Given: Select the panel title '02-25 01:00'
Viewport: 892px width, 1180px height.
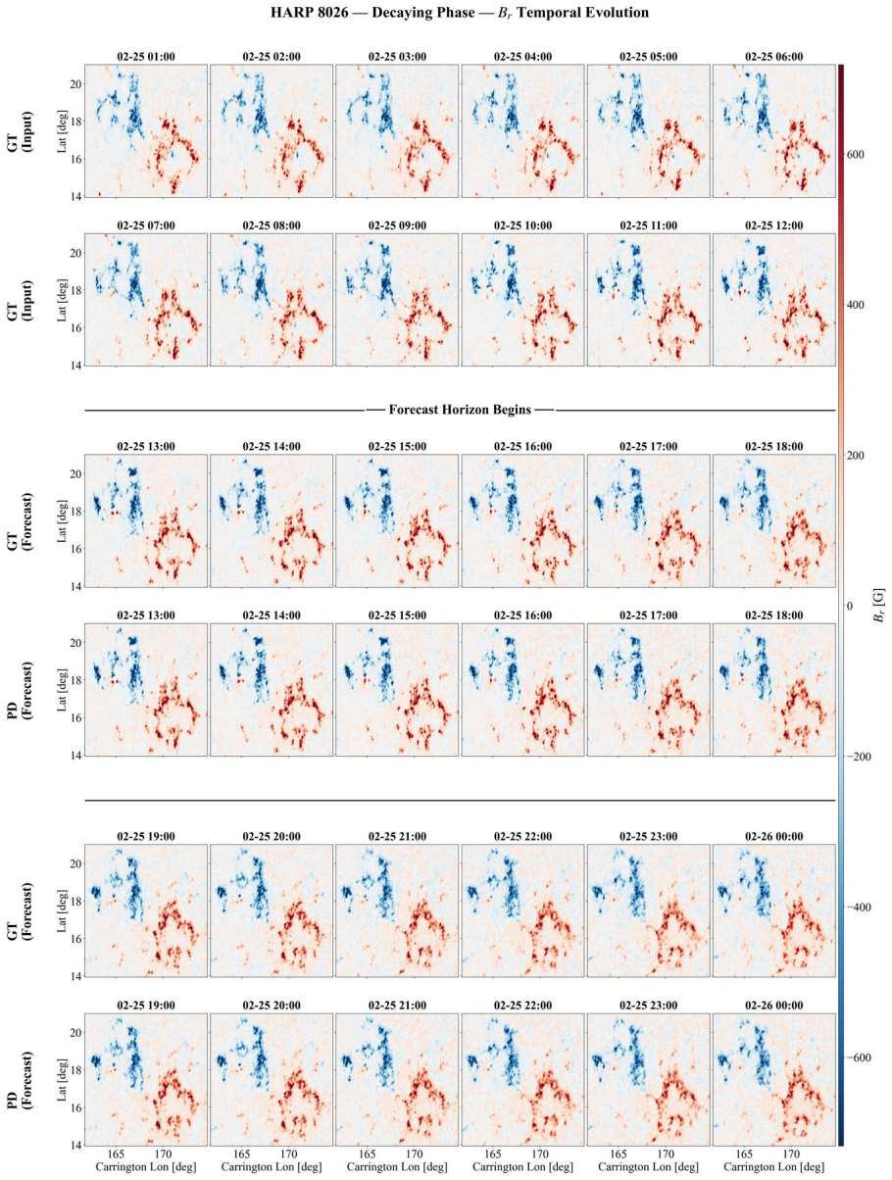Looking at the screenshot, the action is [146, 57].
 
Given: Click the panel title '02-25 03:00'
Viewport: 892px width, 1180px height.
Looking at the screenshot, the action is [397, 57].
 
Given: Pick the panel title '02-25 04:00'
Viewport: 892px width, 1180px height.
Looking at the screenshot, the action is [522, 57].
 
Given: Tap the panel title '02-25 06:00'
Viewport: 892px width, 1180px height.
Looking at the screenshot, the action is [774, 57].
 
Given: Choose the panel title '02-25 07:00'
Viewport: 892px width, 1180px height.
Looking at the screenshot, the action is [146, 225].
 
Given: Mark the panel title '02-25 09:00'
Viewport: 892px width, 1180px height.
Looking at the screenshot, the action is [397, 225].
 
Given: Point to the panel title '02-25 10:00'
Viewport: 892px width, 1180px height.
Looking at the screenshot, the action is [522, 225].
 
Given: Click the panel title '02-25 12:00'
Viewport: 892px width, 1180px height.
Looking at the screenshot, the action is [774, 225].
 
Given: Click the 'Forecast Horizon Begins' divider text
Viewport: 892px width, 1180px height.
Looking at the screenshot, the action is [460, 411].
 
